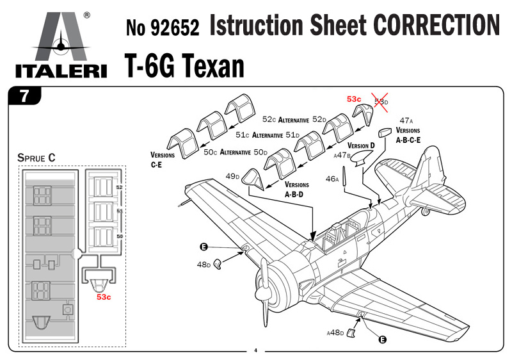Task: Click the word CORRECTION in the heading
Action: pyautogui.click(x=436, y=25)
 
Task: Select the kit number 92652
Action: pyautogui.click(x=175, y=28)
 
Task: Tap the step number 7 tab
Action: pyautogui.click(x=25, y=95)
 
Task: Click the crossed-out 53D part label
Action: pyautogui.click(x=381, y=102)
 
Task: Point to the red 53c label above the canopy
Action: pyautogui.click(x=354, y=99)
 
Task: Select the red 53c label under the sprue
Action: pyautogui.click(x=104, y=297)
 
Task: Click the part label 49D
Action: pyautogui.click(x=232, y=176)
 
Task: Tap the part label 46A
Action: pyautogui.click(x=332, y=179)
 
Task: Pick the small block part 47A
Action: pyautogui.click(x=385, y=133)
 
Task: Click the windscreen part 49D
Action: pyautogui.click(x=253, y=179)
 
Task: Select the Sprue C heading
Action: pyautogui.click(x=36, y=158)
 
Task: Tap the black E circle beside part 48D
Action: pyautogui.click(x=204, y=247)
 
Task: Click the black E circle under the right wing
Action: pyautogui.click(x=382, y=340)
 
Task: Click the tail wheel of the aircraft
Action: pyautogui.click(x=425, y=211)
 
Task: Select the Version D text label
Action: pyautogui.click(x=361, y=145)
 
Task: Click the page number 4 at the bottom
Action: pyautogui.click(x=255, y=350)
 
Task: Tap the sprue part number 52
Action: pyautogui.click(x=120, y=187)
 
